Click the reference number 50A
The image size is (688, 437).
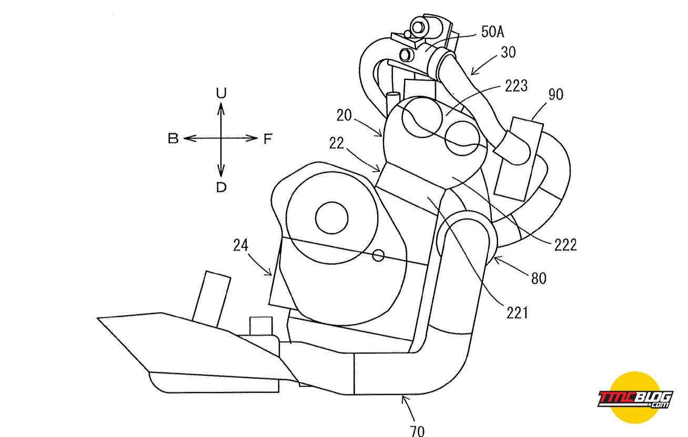(492, 32)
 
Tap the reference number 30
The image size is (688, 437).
(508, 52)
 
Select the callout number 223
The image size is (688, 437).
(517, 86)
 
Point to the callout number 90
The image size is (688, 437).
(556, 94)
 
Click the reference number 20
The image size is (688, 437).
(344, 115)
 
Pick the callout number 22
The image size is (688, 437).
(337, 143)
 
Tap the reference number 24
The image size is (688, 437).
(241, 245)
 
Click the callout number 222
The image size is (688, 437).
(565, 245)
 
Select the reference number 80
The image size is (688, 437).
(539, 279)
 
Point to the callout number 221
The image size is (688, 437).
(517, 313)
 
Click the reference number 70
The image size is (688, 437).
(417, 431)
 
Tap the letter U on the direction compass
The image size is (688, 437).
(221, 93)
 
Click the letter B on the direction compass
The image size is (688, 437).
(173, 138)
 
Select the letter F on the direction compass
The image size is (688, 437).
(268, 139)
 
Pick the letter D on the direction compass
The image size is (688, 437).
(221, 187)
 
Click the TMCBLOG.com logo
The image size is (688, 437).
(635, 398)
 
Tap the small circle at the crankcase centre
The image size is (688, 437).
(332, 218)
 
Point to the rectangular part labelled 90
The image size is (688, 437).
(519, 158)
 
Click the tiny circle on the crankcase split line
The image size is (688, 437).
(378, 255)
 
